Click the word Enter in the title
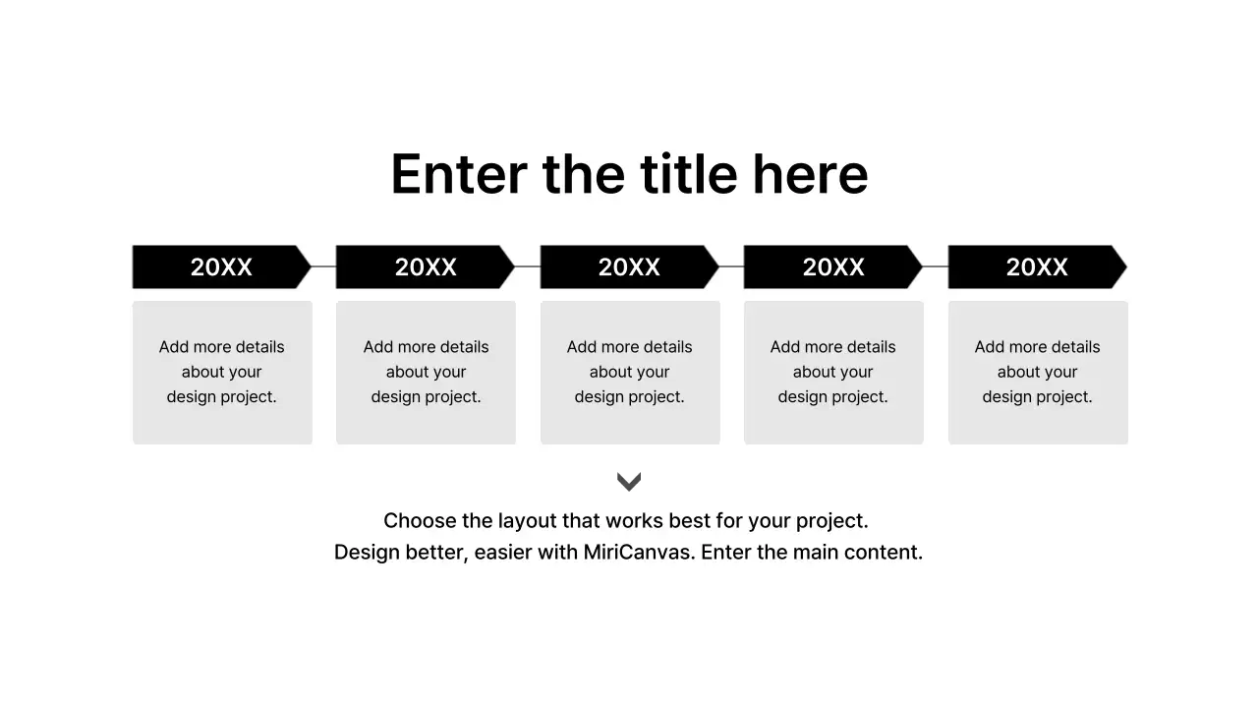point(458,175)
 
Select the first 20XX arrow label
point(221,266)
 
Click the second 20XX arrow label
point(426,266)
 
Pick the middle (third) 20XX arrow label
point(629,266)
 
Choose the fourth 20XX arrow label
point(833,266)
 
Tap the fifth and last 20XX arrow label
point(1037,266)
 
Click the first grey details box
point(222,372)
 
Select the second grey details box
point(426,372)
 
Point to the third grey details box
point(630,372)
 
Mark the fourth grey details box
point(833,372)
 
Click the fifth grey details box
point(1038,372)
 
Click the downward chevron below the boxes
point(629,481)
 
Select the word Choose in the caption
point(420,520)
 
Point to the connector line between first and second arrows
point(323,266)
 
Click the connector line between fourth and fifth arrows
point(935,266)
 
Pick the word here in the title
point(810,175)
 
